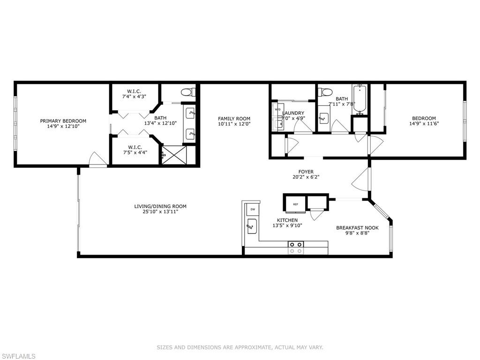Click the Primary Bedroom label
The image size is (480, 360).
pos(63,121)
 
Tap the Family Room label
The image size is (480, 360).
pos(234,119)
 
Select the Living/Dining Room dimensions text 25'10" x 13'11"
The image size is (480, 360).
pos(160,211)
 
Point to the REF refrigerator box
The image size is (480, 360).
pos(295,204)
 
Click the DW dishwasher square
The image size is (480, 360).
pos(253,210)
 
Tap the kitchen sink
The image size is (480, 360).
pos(252,226)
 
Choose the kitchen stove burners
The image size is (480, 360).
pos(296,247)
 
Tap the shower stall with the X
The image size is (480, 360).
pos(174,155)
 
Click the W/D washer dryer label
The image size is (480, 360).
pos(277,109)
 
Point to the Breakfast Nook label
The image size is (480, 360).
pos(357,228)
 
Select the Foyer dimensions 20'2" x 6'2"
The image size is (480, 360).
pos(306,177)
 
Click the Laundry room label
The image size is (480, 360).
pos(293,113)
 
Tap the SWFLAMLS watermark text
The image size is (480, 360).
pos(18,356)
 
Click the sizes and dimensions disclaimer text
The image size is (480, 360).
pos(240,347)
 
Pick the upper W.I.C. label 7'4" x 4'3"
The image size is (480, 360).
pos(134,94)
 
